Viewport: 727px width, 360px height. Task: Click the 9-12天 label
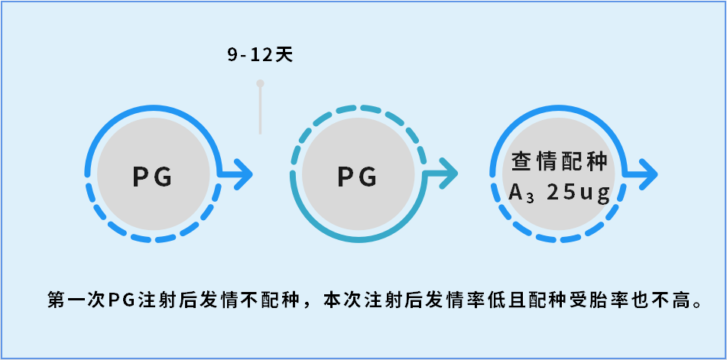tap(260, 55)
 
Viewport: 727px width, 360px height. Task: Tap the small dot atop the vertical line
tap(260, 83)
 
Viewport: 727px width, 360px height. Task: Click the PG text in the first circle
tap(153, 177)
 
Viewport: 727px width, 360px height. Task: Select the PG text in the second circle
tap(358, 177)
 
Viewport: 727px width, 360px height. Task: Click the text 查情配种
tap(560, 162)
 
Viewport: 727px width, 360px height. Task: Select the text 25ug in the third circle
tap(579, 193)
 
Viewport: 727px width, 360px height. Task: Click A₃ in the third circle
tap(520, 193)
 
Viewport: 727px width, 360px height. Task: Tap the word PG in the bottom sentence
tap(120, 300)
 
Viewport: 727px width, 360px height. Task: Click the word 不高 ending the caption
tap(670, 300)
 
